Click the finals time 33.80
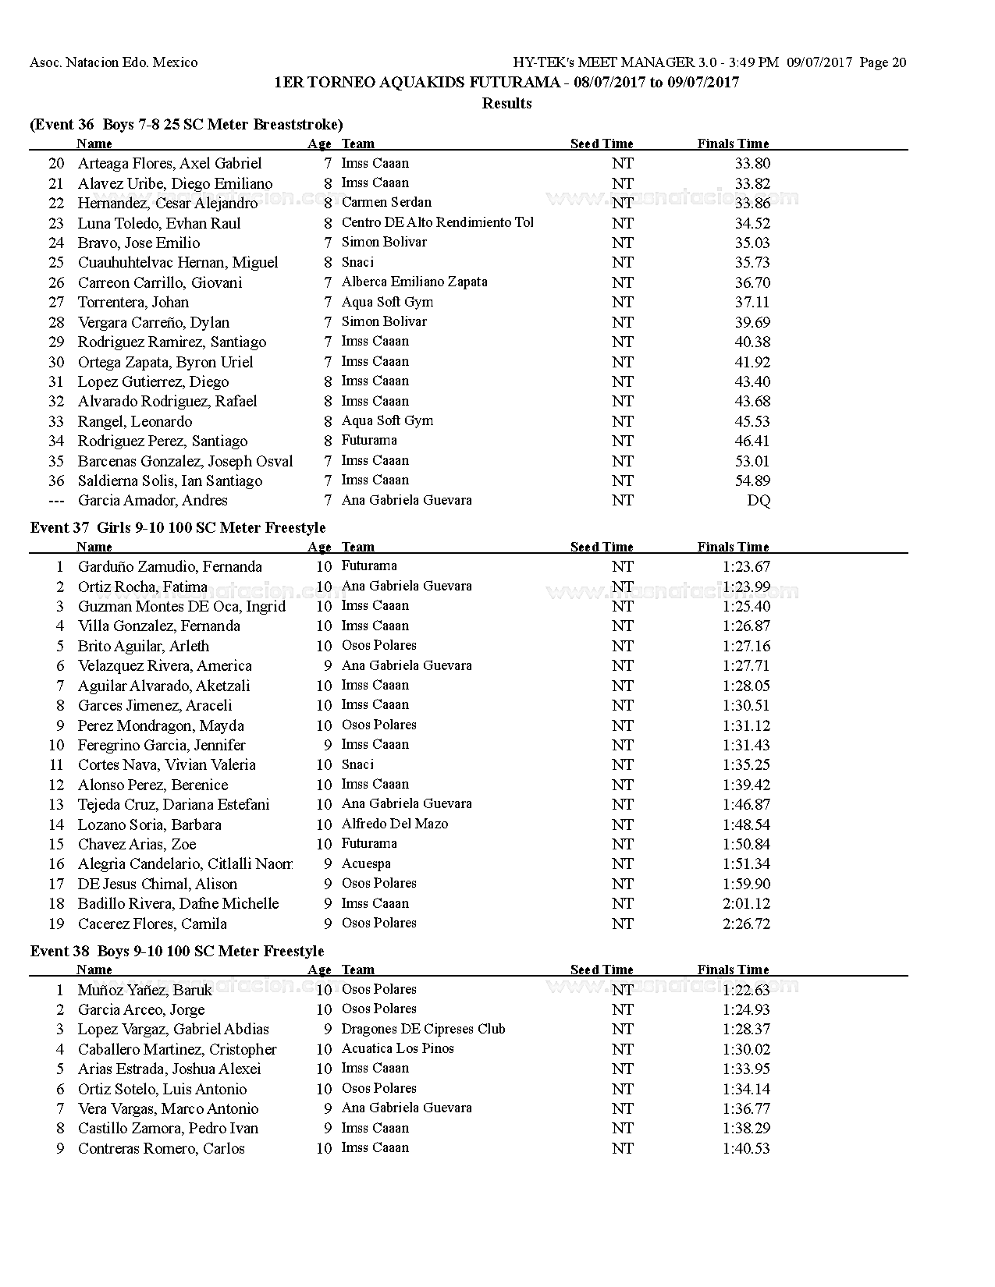(x=752, y=164)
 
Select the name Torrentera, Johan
(x=133, y=303)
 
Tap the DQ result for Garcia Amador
(x=759, y=501)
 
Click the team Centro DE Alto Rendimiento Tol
(x=438, y=223)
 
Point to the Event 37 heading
(x=178, y=528)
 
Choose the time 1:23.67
(x=746, y=567)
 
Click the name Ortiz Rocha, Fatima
(x=143, y=587)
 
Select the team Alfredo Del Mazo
(x=395, y=824)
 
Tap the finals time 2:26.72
(x=746, y=924)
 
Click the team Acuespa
(x=366, y=864)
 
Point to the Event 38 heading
(x=177, y=952)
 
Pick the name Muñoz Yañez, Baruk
(x=145, y=991)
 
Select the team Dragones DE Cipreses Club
(x=424, y=1030)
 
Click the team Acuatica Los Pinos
(x=398, y=1049)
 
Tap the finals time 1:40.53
(x=746, y=1149)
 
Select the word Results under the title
(x=507, y=104)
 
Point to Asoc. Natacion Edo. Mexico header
(x=114, y=63)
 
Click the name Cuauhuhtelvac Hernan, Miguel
(x=178, y=263)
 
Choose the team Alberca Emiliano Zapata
(x=414, y=282)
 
